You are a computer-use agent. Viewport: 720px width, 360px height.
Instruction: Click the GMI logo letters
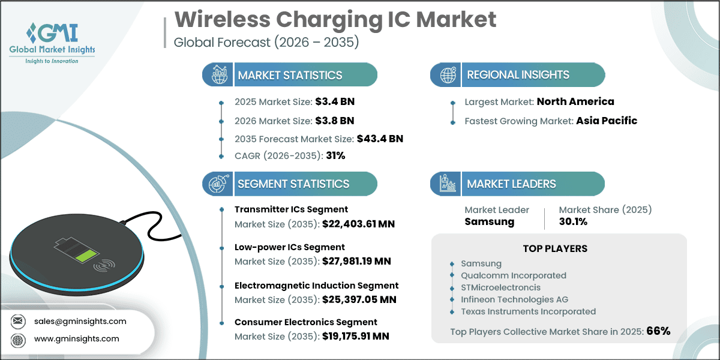pos(57,32)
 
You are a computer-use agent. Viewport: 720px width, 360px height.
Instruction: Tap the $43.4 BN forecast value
pos(380,139)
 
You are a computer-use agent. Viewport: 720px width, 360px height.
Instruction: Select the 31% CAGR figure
pos(335,155)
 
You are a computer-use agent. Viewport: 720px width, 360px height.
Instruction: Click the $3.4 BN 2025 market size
pos(335,101)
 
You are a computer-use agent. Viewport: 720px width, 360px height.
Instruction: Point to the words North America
pos(575,101)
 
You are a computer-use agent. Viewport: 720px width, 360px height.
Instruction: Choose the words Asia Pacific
pos(607,121)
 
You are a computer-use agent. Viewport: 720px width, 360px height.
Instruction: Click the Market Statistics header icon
pos(220,74)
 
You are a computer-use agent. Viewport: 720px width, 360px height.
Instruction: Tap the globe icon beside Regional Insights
pos(448,75)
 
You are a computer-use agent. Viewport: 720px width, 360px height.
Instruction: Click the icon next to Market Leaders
pos(448,184)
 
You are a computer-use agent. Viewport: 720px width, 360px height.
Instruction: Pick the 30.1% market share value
pos(573,221)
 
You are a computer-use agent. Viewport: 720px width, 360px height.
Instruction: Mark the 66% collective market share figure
pos(658,331)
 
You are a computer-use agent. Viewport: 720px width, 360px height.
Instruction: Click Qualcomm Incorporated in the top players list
pos(514,275)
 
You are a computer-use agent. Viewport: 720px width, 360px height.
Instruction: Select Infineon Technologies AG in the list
pos(515,299)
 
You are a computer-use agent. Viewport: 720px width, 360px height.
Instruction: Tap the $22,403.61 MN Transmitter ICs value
pos(358,224)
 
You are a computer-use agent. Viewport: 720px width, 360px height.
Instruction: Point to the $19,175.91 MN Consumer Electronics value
pos(355,336)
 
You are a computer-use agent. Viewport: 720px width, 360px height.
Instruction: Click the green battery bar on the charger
pos(86,256)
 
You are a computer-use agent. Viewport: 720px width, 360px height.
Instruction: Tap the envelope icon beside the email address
pos(17,321)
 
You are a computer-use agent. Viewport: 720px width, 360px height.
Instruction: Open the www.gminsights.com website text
pos(77,339)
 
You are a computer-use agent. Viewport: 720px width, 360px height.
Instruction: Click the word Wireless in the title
pos(223,20)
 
